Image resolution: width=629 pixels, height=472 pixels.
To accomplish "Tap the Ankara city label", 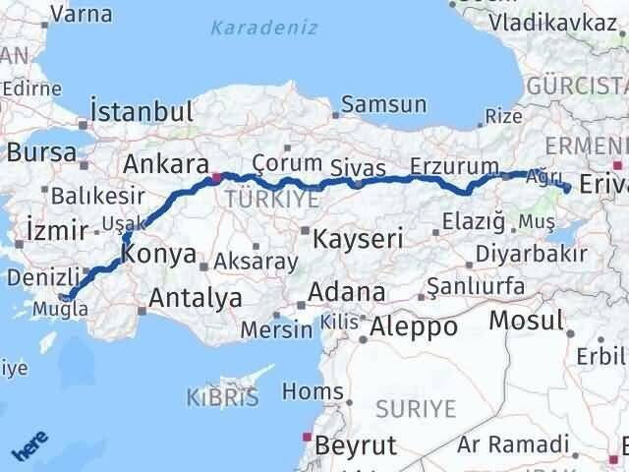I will coord(166,164).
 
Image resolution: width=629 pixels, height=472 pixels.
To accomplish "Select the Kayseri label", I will coord(358,238).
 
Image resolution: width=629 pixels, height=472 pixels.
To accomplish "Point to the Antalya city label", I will coord(196,296).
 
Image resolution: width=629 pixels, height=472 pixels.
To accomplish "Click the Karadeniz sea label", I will coord(263,29).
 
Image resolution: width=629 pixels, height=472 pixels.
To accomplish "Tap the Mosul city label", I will coord(526,320).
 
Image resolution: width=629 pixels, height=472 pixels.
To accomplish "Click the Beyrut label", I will coord(356,444).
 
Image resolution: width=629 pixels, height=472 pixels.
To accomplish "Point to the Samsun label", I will coord(383,103).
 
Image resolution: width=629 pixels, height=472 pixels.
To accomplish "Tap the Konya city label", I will coord(158,254).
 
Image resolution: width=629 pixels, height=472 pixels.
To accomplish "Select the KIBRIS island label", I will coord(222,397).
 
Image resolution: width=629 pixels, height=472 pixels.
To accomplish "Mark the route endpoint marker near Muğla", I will coord(65,297).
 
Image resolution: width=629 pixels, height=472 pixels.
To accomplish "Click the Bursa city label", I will coord(41,152).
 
